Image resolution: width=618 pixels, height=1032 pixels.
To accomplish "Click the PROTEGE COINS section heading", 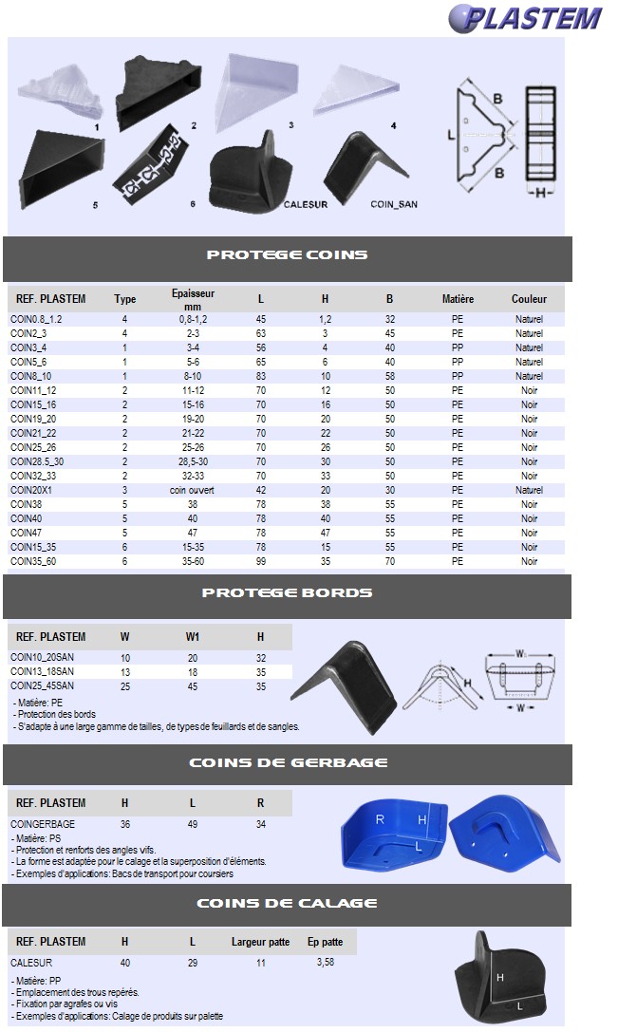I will (x=287, y=254).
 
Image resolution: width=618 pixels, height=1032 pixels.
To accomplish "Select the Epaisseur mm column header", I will (x=193, y=299).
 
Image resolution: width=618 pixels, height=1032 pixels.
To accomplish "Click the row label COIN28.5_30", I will (x=37, y=461).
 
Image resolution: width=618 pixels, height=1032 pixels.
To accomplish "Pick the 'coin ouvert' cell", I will (x=193, y=490).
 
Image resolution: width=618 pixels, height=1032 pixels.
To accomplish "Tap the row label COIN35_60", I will (x=34, y=561).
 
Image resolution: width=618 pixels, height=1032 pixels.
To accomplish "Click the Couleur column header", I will (x=529, y=299).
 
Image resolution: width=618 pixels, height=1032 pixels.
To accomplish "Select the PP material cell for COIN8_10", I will (x=458, y=376).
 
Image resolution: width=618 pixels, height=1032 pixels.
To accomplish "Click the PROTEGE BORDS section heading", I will (x=287, y=592).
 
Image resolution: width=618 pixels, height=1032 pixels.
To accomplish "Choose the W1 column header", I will (x=193, y=637).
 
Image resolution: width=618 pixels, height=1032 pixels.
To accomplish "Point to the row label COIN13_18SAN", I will (x=42, y=672).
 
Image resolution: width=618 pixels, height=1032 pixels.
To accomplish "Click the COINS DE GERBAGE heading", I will (x=287, y=762).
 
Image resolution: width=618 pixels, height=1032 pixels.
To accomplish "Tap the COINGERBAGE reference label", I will (x=43, y=824).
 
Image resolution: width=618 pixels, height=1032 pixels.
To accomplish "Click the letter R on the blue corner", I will (x=380, y=818).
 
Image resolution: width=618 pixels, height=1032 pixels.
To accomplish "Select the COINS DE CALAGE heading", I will (x=287, y=903).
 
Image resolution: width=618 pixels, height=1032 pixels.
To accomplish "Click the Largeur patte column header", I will (x=261, y=942).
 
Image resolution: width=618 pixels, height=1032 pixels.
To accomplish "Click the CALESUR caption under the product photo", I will (x=305, y=204).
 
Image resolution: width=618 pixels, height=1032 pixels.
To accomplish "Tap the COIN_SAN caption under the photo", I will (x=393, y=204).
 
